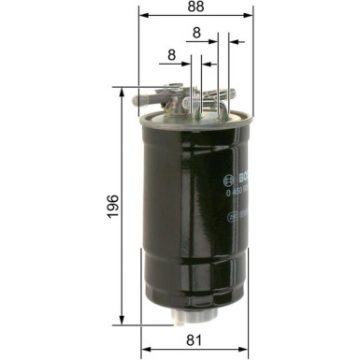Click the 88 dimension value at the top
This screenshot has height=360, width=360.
[x=195, y=7]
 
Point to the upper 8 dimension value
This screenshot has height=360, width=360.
[x=195, y=33]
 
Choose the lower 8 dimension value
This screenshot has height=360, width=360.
[x=172, y=55]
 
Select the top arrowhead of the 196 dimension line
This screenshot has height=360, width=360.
[x=122, y=91]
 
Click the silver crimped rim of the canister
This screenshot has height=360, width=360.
[x=195, y=120]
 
